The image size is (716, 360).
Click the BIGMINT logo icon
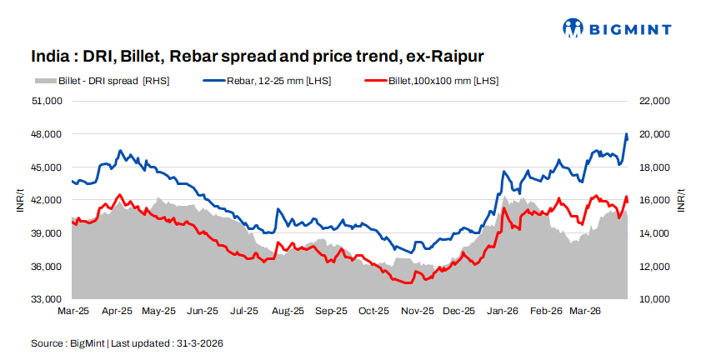[573, 28]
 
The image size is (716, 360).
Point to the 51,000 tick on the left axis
[48, 101]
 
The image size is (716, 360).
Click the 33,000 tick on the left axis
[48, 299]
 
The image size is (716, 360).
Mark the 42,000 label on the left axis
[48, 200]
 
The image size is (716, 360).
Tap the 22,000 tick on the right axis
[653, 101]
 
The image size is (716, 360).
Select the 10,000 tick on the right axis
[653, 299]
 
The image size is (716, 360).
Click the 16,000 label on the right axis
[653, 200]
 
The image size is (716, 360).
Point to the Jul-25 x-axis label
[243, 312]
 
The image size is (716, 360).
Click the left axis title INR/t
[20, 200]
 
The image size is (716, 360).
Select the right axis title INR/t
[681, 200]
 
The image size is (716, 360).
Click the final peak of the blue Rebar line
[627, 134]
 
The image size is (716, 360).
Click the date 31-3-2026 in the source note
[199, 343]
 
